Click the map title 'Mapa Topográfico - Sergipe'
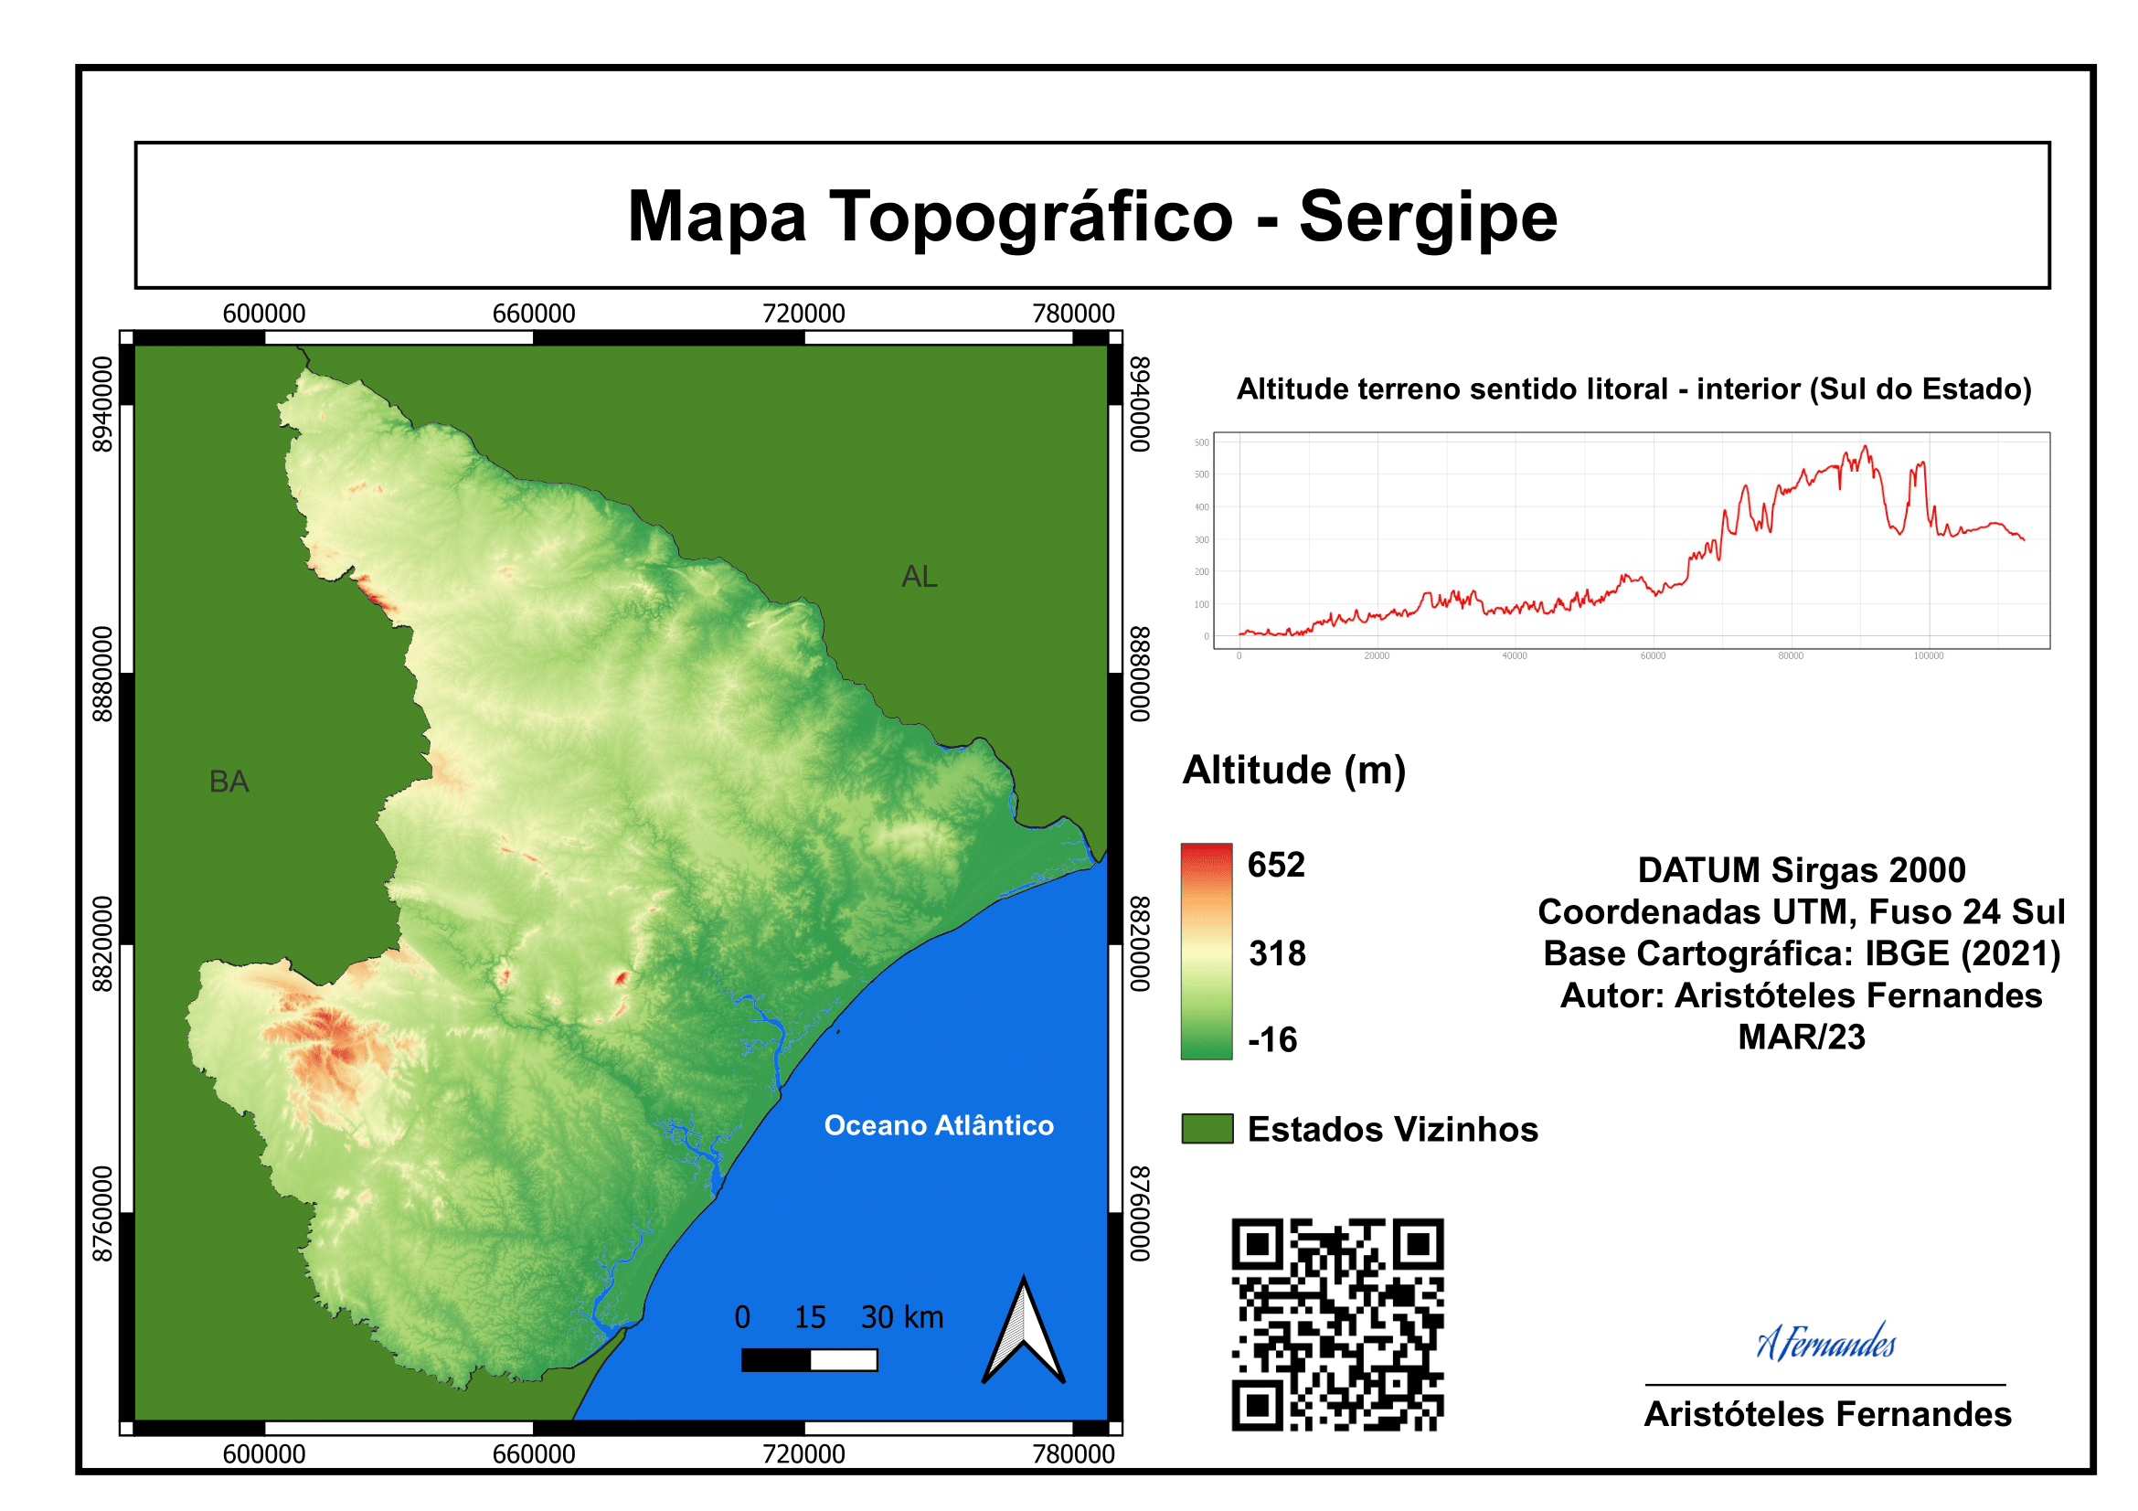[1091, 217]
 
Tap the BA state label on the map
[229, 782]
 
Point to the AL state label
[919, 577]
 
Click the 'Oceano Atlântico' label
[939, 1125]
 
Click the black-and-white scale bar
[809, 1361]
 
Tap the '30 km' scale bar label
[901, 1317]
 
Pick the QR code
[1337, 1324]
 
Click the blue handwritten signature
[1825, 1343]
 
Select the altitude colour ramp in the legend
[1207, 951]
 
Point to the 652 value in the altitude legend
[1276, 865]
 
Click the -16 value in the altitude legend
[1272, 1040]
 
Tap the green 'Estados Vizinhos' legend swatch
[1207, 1128]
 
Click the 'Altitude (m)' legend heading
[1293, 771]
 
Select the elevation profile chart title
[1633, 389]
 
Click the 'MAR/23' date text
[1801, 1037]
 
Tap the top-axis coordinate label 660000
[534, 314]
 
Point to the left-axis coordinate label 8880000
[102, 674]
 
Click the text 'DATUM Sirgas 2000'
[1801, 870]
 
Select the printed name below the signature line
[1827, 1414]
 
